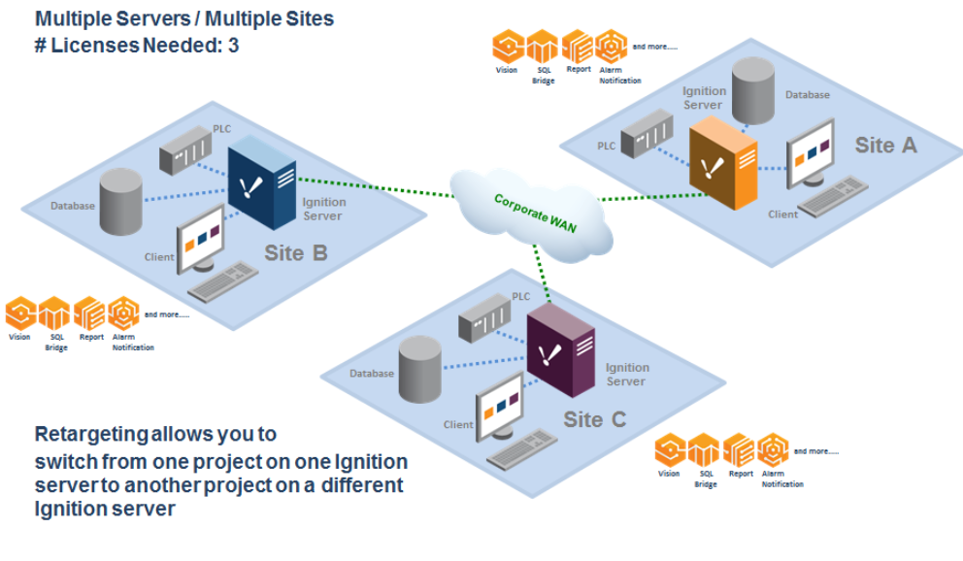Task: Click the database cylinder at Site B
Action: coord(121,201)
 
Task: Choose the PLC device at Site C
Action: coord(485,315)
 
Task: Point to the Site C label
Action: coord(594,419)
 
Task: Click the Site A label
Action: coord(885,146)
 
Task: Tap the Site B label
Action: coord(296,253)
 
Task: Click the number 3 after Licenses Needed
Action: coord(234,45)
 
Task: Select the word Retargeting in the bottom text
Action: coord(89,434)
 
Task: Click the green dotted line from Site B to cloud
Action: coord(379,186)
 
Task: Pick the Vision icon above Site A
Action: coord(507,48)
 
